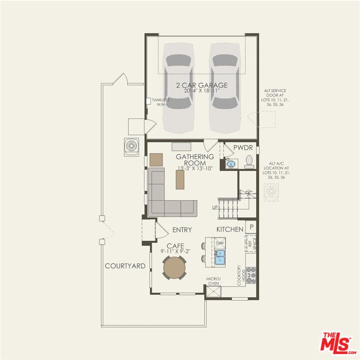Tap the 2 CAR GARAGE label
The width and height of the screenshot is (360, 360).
tap(201, 85)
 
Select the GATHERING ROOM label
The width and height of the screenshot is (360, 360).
tap(194, 159)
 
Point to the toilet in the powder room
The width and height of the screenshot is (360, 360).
tap(249, 161)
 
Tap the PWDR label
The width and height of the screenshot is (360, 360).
tap(246, 148)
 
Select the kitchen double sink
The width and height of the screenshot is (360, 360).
tap(220, 257)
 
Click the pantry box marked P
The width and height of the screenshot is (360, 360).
tap(251, 226)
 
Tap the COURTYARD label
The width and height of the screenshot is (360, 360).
tap(125, 266)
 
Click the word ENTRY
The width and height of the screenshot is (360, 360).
tap(182, 230)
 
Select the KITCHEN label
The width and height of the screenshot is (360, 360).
tap(229, 229)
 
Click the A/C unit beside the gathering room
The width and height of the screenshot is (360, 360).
tap(130, 146)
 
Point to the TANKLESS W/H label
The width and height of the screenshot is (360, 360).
tap(160, 102)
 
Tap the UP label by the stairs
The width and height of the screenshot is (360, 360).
tap(215, 207)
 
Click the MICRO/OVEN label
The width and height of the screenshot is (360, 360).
tap(213, 281)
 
